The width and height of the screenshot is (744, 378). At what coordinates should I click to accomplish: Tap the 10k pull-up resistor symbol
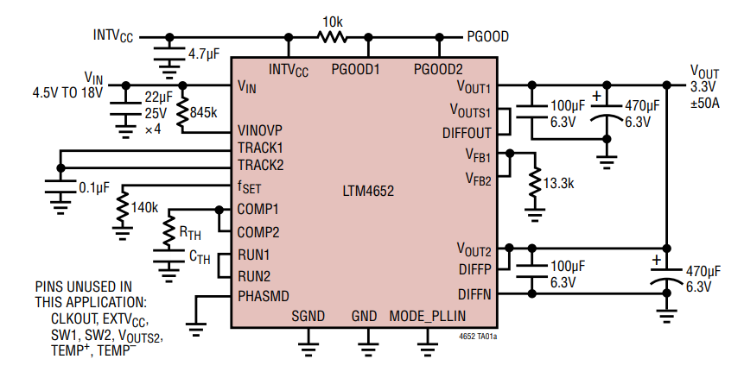coord(331,37)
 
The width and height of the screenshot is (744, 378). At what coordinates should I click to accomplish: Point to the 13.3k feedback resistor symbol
coord(535,184)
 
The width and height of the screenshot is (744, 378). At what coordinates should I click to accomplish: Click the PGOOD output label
coord(487,37)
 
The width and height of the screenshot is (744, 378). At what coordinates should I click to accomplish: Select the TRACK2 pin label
coord(260,164)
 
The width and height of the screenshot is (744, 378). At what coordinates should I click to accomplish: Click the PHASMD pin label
coord(264,296)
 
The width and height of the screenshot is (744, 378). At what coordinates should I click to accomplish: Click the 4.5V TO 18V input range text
coord(67,91)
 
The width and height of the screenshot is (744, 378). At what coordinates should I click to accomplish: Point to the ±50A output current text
coord(708,104)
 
